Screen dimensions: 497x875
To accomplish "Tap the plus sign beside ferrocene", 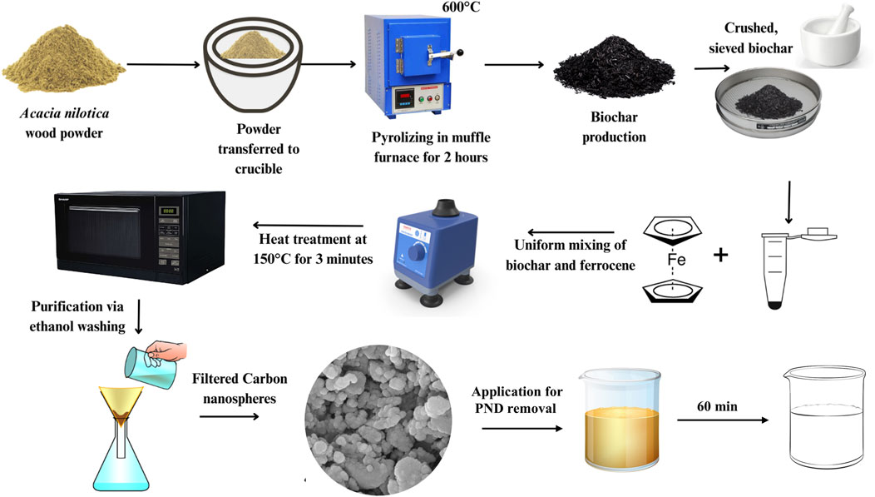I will click(721, 255).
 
